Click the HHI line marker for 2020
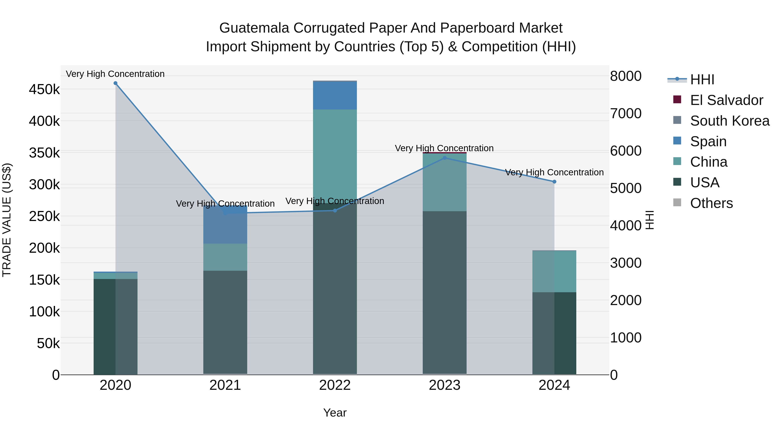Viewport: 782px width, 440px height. (115, 83)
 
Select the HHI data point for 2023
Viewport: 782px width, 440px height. (444, 158)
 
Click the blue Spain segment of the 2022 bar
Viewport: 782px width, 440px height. (335, 95)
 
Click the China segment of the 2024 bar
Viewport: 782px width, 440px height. (554, 271)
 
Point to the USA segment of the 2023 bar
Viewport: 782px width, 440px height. (444, 292)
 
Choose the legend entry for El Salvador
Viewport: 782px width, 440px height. (726, 100)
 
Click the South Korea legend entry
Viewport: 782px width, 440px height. (729, 121)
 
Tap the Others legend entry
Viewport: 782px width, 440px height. (711, 203)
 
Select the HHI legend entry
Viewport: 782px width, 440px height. (702, 80)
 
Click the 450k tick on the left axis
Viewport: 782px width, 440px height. (44, 90)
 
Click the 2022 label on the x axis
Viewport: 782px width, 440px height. (335, 385)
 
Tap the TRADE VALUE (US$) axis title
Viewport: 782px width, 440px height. (7, 220)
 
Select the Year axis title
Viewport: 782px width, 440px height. (335, 413)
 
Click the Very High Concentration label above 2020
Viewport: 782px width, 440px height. (115, 74)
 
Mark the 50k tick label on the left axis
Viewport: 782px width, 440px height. (48, 344)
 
